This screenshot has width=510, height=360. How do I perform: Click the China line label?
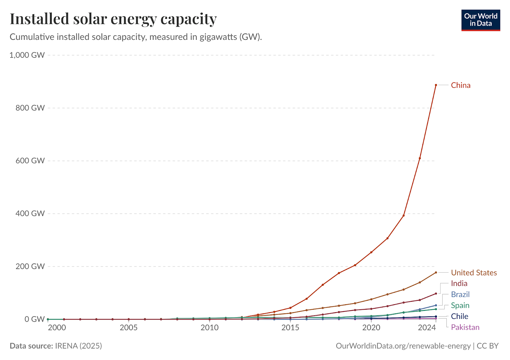461,85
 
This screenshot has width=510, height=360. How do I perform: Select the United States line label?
474,273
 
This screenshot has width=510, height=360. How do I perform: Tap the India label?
459,284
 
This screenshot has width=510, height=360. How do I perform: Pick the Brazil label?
460,294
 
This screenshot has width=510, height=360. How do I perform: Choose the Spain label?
460,306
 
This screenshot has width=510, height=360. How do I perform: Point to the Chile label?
459,316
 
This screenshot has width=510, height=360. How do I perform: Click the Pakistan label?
465,327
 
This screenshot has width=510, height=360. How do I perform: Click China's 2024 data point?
436,85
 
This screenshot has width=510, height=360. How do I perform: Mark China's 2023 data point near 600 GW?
420,158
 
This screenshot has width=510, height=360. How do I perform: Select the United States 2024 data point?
436,272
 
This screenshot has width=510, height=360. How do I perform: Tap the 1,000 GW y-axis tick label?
27,55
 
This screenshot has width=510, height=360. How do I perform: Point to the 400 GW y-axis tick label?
30,213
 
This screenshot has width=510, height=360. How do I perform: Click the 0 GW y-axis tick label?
34,319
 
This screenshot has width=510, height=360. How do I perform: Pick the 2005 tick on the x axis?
128,328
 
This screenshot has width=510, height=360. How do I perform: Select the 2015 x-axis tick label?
290,328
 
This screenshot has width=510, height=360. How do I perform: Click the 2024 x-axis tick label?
427,328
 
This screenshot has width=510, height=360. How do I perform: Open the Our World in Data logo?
481,20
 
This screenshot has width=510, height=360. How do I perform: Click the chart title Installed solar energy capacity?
113,19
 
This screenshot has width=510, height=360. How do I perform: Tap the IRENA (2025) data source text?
78,346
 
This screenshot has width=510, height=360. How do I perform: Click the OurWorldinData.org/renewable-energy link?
403,346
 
